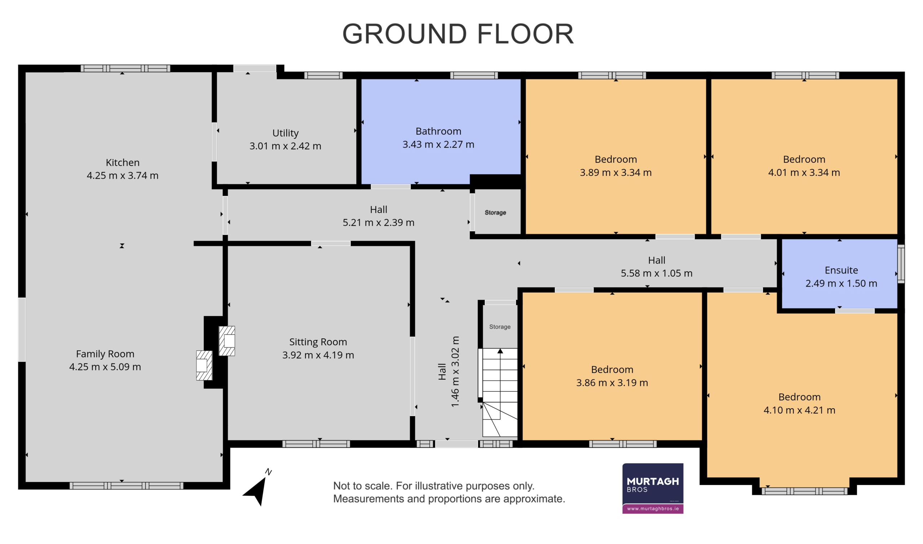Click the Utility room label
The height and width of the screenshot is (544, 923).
coord(286,133)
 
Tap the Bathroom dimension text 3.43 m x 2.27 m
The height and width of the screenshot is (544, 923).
coord(438,144)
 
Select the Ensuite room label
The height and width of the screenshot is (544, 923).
coord(841,270)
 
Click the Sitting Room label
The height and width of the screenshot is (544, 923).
coord(318,342)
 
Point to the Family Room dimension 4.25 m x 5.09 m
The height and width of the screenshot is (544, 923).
coord(105,367)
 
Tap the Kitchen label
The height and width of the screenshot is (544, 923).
coord(123,162)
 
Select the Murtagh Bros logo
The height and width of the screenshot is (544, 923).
coord(653,488)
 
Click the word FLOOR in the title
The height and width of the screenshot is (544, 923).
coord(525,34)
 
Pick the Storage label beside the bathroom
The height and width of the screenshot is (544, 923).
coord(495,213)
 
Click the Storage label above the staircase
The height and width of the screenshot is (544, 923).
coord(500,327)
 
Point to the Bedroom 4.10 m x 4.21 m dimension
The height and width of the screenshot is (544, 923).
coord(799,410)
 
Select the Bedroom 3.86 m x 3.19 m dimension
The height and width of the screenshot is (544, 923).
coord(612,383)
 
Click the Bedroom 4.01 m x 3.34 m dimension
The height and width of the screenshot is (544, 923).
coord(804,173)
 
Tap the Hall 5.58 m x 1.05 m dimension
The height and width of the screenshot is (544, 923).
coord(656,273)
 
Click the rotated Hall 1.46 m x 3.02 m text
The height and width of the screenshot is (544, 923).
coord(449,371)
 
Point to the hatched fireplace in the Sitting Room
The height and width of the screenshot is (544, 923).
coord(227,341)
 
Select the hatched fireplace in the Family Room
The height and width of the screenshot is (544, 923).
coord(204,365)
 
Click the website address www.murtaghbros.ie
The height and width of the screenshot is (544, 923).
coord(653,509)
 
